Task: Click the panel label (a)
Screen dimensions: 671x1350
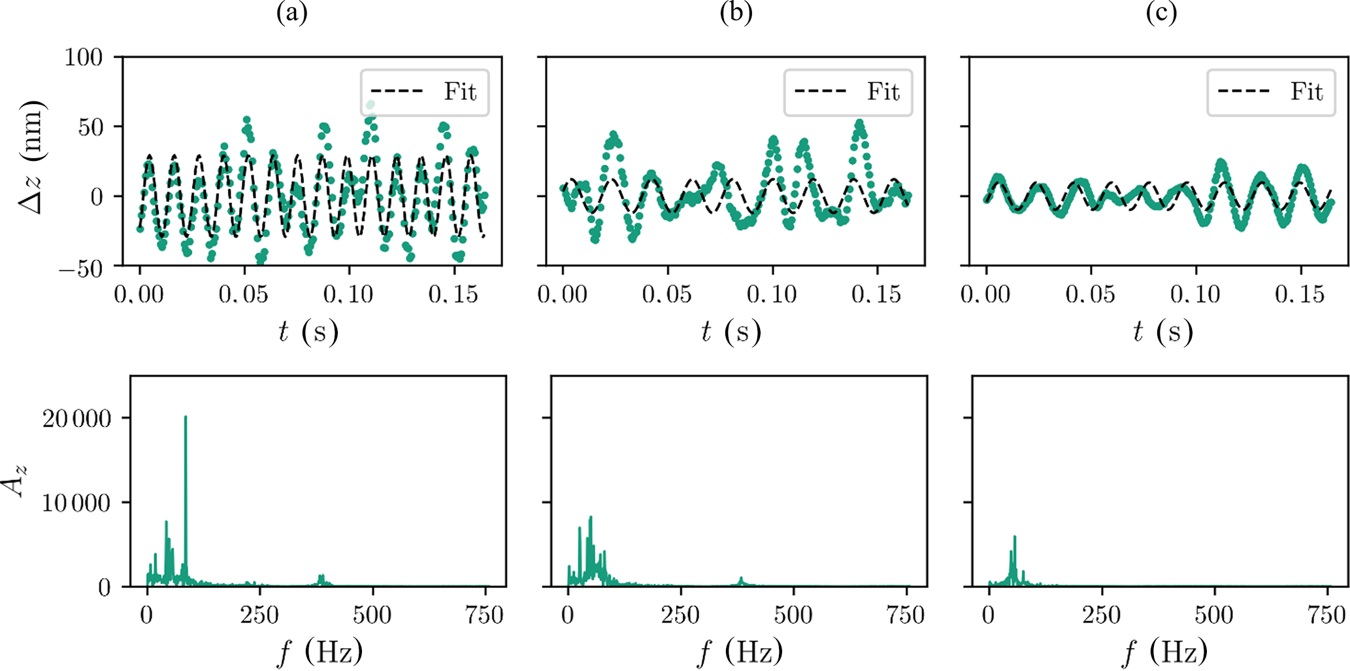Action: pyautogui.click(x=291, y=13)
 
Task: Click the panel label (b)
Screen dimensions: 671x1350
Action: pyautogui.click(x=736, y=13)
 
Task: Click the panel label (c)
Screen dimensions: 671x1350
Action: pyautogui.click(x=1161, y=13)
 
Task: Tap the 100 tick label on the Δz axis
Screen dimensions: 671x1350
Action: pyautogui.click(x=83, y=58)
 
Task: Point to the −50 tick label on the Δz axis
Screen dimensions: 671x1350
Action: pyautogui.click(x=80, y=269)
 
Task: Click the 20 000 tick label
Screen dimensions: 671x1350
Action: pyautogui.click(x=76, y=419)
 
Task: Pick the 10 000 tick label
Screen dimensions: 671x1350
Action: pyautogui.click(x=76, y=503)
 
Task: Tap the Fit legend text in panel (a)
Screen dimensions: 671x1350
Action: pyautogui.click(x=460, y=92)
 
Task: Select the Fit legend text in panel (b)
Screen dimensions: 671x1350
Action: pyautogui.click(x=883, y=92)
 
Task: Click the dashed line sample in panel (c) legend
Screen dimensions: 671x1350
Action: pyautogui.click(x=1243, y=92)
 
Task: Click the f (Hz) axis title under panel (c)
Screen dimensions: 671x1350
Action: pyautogui.click(x=1164, y=652)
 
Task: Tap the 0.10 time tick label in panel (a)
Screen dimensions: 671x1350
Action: pyautogui.click(x=348, y=295)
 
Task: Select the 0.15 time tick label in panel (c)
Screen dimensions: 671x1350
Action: pyautogui.click(x=1300, y=295)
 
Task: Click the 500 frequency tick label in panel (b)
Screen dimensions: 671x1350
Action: pyautogui.click(x=793, y=615)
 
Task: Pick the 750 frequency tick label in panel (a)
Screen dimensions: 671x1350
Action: pyautogui.click(x=484, y=615)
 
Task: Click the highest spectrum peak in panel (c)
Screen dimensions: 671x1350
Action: pyautogui.click(x=1015, y=537)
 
